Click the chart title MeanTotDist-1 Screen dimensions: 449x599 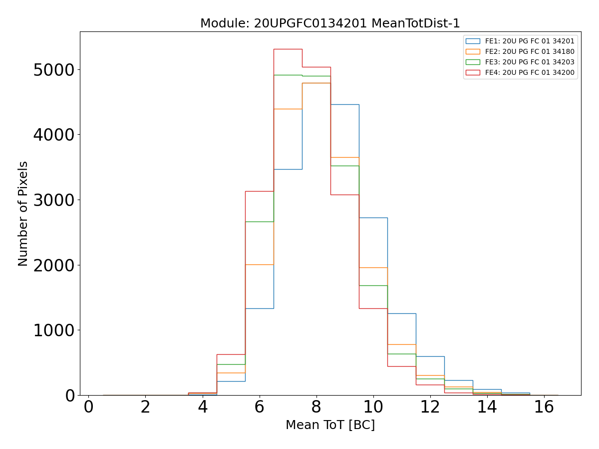(330, 23)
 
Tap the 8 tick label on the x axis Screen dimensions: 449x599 (316, 407)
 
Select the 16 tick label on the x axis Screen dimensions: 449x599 (544, 407)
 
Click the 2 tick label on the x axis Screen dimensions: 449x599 (145, 407)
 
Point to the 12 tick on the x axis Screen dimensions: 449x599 (430, 407)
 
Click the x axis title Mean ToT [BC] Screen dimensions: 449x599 (330, 425)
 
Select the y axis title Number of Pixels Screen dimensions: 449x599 (23, 214)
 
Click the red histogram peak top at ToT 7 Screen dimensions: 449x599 (288, 49)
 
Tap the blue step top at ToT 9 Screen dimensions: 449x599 (345, 104)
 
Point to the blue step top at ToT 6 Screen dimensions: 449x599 (260, 308)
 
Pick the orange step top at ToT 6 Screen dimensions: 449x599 (260, 264)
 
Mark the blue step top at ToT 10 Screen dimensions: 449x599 (373, 218)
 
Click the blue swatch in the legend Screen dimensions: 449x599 (473, 41)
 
